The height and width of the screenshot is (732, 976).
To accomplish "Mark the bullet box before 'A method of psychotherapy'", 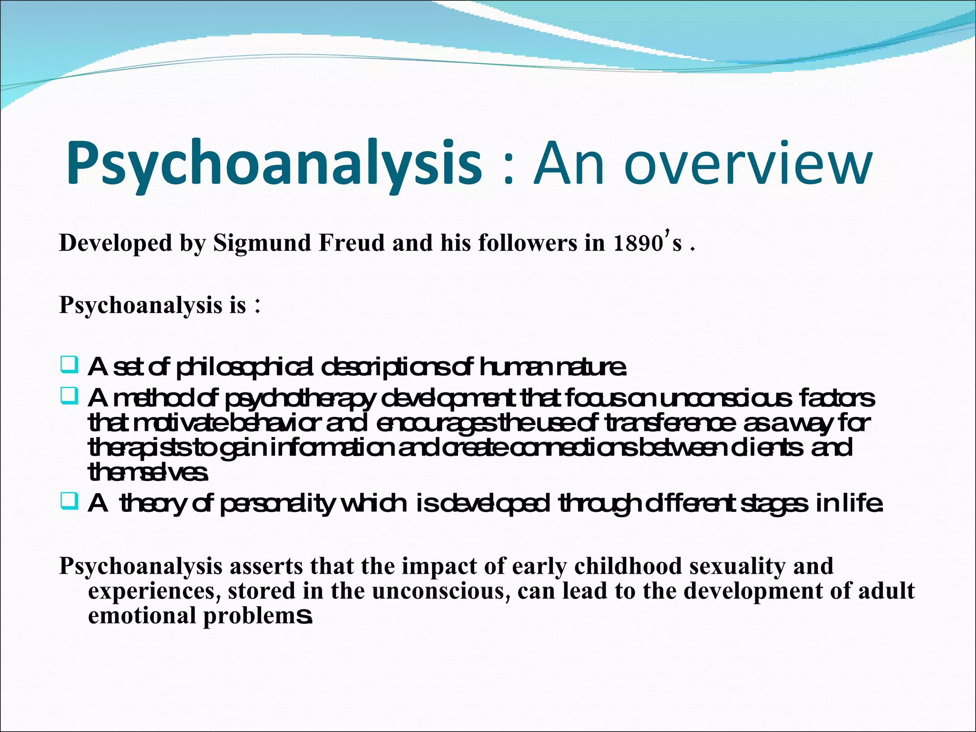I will pos(70,396).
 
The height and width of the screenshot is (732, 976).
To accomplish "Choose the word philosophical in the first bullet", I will pos(245,367).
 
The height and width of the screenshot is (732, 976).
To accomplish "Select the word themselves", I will pos(148,472).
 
